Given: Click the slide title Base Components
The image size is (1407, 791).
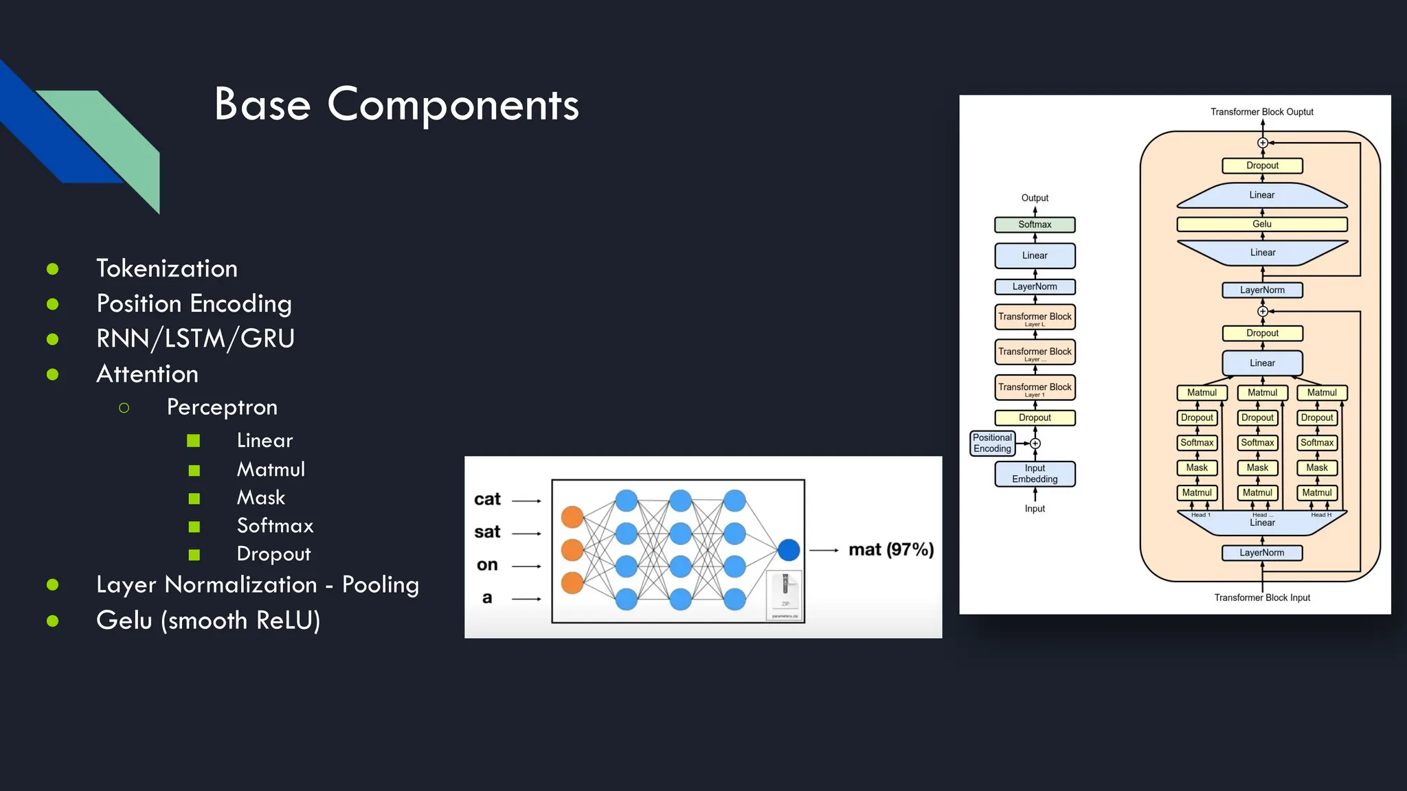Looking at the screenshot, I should (396, 105).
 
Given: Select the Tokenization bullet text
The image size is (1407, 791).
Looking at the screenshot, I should (167, 268).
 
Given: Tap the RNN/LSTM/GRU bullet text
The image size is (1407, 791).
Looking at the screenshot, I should (196, 339).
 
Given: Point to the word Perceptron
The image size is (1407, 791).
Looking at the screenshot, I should (222, 407).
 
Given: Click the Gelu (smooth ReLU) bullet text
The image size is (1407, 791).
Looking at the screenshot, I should (208, 621).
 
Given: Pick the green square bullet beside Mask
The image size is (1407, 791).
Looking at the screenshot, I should (194, 498).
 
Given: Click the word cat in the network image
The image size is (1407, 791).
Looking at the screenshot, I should (487, 499).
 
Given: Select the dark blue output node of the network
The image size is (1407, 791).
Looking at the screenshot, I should (789, 550).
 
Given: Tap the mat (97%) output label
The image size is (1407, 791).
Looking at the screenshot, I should (891, 550).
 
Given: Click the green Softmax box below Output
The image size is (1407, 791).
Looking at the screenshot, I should (1035, 225).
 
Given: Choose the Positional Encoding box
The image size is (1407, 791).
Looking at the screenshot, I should (992, 443).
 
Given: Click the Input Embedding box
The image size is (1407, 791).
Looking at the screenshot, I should (1035, 474).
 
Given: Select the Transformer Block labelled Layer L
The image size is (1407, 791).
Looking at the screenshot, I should (1035, 317).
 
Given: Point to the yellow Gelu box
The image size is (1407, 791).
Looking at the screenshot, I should (1262, 224).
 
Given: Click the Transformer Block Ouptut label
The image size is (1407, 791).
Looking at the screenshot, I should (1261, 112).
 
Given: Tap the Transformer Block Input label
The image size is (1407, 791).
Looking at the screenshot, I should (1262, 597).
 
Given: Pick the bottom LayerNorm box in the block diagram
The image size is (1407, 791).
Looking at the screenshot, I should (1262, 553).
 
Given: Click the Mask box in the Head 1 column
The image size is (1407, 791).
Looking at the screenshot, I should (1197, 468).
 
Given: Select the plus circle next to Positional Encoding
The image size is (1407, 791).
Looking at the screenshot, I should (1035, 444).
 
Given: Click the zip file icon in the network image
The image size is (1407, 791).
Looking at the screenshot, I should (785, 595).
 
